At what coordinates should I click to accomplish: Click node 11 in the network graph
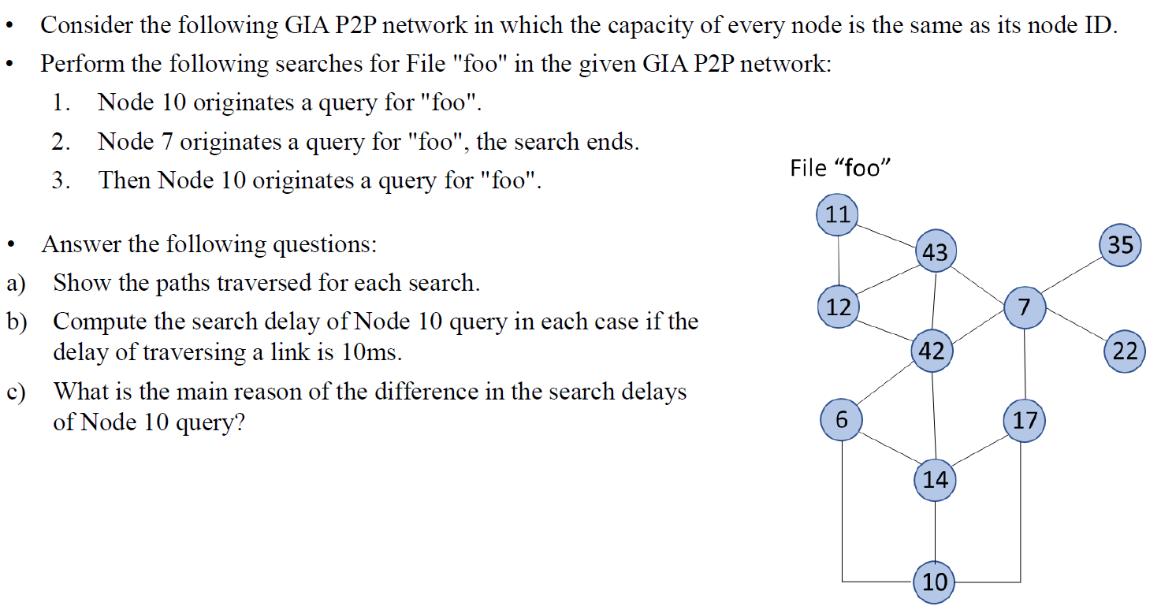coord(839,214)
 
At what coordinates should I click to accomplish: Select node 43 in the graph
coord(935,251)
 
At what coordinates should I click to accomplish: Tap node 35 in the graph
coord(1120,244)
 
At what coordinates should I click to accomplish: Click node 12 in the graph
coord(839,307)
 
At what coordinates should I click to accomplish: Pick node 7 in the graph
coord(1024,307)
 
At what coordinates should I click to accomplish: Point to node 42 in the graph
coord(932,351)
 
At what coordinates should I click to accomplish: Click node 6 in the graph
coord(841,419)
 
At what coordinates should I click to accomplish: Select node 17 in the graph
coord(1025,419)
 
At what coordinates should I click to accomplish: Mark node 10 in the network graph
coord(935,582)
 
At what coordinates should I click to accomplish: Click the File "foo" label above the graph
coord(840,168)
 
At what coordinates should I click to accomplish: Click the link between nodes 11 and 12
coord(839,261)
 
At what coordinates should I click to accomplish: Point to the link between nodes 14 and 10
coord(935,530)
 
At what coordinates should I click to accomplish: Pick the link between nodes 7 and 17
coord(1024,363)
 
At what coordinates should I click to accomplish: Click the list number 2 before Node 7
coord(58,143)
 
